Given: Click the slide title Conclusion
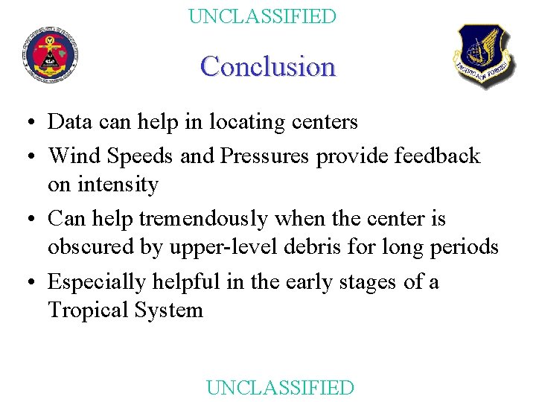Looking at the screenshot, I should [268, 66].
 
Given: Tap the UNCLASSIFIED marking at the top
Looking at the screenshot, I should [262, 16].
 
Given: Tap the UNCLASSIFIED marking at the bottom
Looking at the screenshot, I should [279, 387].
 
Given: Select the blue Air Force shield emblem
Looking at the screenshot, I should [484, 55].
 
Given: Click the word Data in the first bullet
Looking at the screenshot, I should [71, 121].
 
